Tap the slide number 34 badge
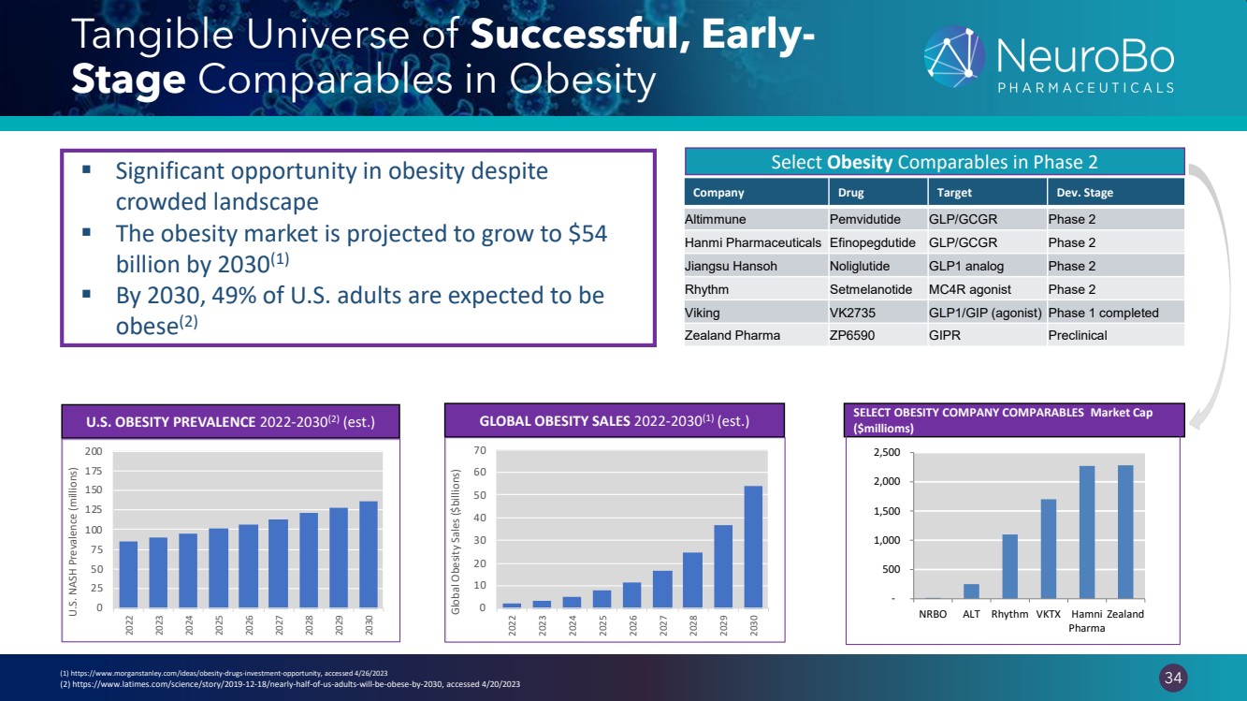1171,676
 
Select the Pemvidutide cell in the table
864,220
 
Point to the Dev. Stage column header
1084,193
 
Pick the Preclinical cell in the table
1078,335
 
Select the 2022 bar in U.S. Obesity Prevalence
128,574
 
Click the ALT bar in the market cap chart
971,591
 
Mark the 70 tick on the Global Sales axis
480,451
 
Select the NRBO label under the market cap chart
932,615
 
